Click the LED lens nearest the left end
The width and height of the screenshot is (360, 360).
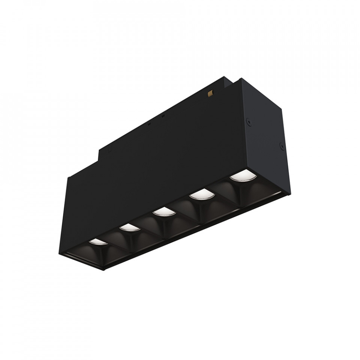97,242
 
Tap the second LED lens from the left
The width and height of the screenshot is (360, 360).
127,227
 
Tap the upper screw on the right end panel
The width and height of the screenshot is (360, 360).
248,121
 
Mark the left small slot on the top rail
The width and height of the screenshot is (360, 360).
149,123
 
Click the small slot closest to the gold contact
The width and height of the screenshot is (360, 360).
163,116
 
